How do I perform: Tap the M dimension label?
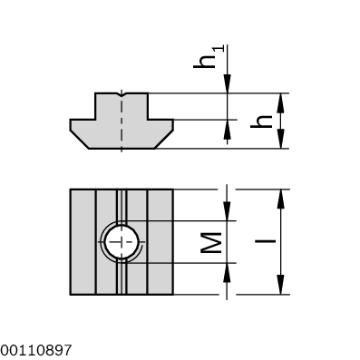[x=210, y=242]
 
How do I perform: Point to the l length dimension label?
[x=262, y=242]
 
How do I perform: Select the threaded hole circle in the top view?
[x=120, y=242]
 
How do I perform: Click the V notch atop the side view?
[x=121, y=94]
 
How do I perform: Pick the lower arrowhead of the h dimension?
[x=283, y=142]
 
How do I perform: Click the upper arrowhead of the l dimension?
[x=283, y=196]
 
